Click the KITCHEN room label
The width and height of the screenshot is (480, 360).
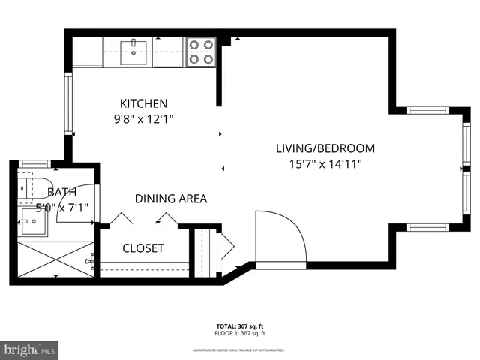point(144,103)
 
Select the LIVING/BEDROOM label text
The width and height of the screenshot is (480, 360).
point(325,148)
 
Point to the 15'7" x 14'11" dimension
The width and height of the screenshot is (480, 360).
point(325,164)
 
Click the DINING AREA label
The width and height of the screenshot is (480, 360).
point(171,199)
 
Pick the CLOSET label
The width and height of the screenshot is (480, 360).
point(143,248)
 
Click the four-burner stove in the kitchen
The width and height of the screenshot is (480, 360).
point(199,52)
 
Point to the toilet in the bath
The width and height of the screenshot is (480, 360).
point(31,184)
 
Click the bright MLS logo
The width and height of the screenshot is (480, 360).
point(30,349)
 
